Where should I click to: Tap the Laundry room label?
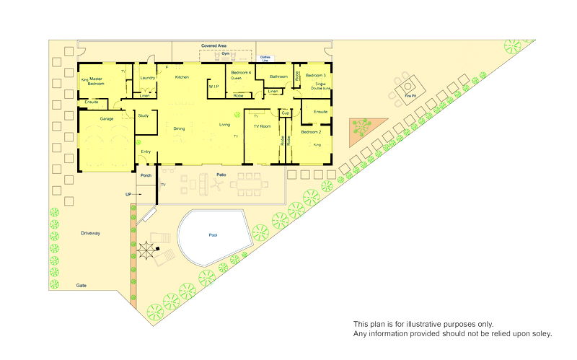pos(148,78)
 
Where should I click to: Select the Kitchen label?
pos(182,77)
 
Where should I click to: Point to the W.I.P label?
pos(213,87)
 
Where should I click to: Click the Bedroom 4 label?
pos(241,73)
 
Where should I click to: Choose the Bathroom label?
pos(278,76)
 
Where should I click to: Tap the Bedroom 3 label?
pos(316,76)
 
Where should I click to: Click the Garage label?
pos(107,118)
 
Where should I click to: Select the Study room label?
pos(143,115)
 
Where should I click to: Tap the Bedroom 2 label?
pos(311,132)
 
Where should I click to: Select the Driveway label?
pos(90,233)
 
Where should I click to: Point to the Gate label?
pos(82,286)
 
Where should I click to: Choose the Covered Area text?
pos(213,45)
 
